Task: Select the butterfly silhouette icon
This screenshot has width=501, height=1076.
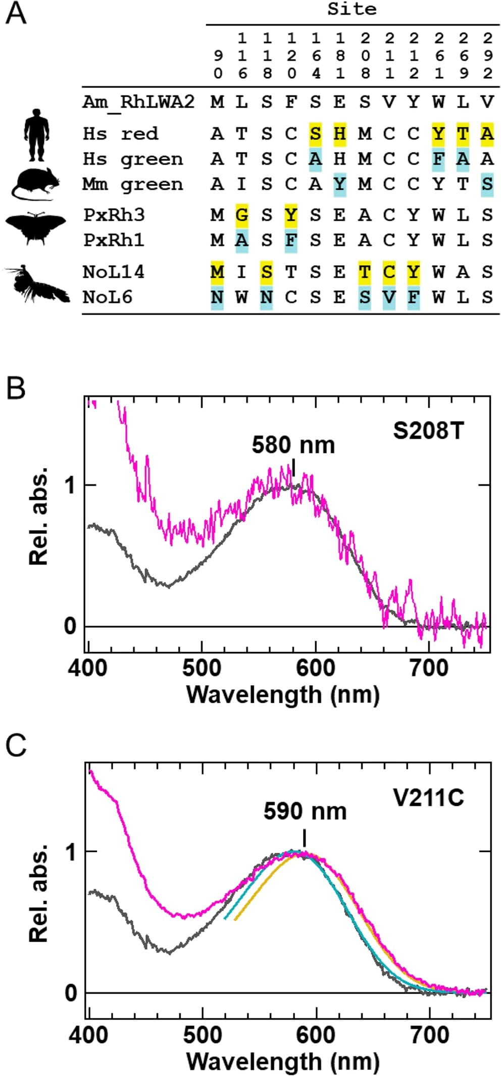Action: [35, 227]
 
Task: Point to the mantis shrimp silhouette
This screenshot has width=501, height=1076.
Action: [37, 285]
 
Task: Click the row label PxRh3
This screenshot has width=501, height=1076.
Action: [114, 215]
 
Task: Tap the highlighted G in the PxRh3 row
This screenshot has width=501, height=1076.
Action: [242, 215]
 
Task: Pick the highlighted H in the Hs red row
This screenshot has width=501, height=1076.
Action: [340, 134]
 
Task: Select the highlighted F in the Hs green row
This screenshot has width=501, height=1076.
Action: [438, 159]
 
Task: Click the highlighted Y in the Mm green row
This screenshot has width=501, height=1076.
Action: [340, 184]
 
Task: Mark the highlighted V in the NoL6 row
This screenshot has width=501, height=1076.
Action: [389, 297]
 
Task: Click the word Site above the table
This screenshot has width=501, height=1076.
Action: [352, 9]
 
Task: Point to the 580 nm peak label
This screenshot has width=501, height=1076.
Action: [293, 445]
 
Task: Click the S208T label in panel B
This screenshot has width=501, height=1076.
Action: [428, 431]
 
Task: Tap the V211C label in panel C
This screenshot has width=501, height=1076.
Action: [428, 798]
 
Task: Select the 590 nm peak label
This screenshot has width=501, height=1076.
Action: [305, 811]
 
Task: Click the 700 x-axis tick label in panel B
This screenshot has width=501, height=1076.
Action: [429, 669]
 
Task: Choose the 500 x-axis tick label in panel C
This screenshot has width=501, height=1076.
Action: [203, 1035]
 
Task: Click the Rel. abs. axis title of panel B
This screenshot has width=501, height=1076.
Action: [39, 516]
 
